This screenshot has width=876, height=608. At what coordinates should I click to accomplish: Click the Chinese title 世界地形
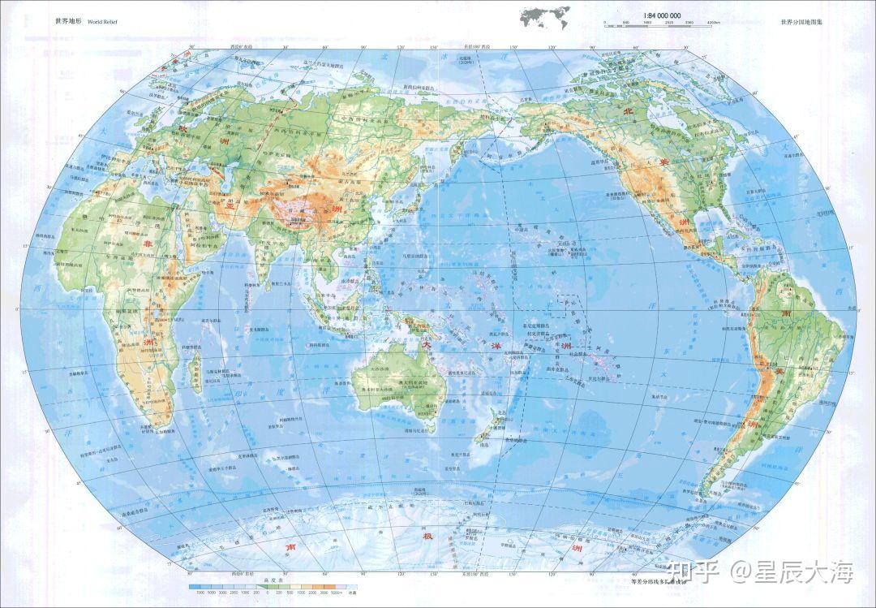(x=68, y=21)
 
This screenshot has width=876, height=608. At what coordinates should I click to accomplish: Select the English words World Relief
(x=102, y=21)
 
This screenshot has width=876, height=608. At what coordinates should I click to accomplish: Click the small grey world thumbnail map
(x=542, y=16)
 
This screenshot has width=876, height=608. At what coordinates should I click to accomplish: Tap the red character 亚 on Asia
(x=230, y=206)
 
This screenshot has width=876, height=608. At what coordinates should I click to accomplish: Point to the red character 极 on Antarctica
(x=427, y=537)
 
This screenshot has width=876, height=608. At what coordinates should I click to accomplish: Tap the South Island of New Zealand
(x=483, y=439)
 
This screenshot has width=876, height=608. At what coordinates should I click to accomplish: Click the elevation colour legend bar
(x=272, y=586)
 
